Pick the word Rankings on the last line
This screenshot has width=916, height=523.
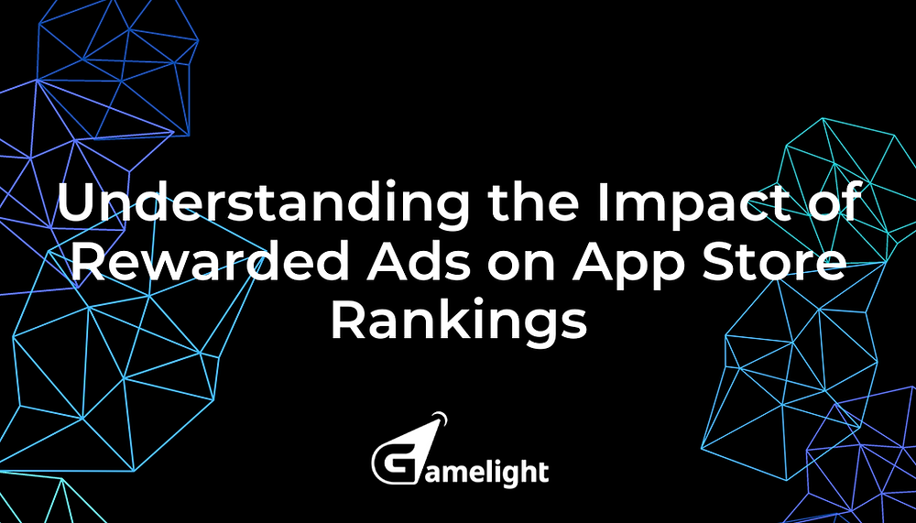458,321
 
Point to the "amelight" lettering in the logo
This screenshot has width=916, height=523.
482,472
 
